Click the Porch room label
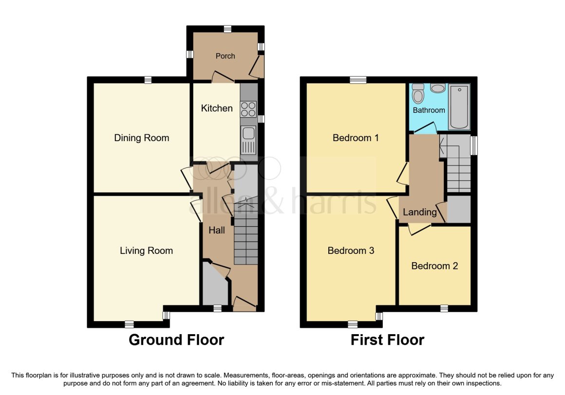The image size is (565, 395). point(225,56)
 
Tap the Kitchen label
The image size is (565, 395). point(217,108)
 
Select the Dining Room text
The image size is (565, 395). point(142,138)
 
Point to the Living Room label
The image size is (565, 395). point(146,251)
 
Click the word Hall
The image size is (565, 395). point(217,230)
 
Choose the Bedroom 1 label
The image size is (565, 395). point(356,138)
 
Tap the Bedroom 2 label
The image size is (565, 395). point(434,266)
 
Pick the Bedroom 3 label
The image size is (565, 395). point(351,251)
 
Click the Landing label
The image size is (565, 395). point(420,212)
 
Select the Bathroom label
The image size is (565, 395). point(429,110)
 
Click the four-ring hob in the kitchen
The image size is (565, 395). point(248,109)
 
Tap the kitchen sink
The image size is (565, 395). point(248,140)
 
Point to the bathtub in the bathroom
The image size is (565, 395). point(459,107)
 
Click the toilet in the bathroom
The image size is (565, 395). point(418,93)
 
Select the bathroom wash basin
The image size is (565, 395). point(438,88)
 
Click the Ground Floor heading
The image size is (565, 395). point(176,340)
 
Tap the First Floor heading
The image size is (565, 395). point(387,340)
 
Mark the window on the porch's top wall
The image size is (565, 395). point(227,29)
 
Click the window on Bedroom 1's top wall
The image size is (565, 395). point(358,80)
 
